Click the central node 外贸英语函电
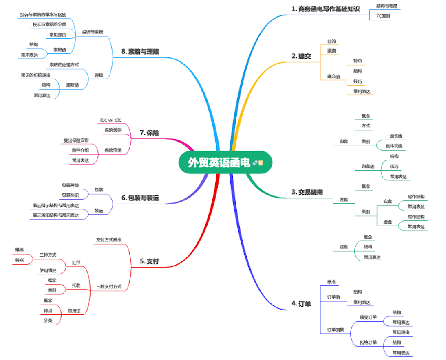pyautogui.click(x=219, y=163)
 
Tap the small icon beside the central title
pyautogui.click(x=258, y=163)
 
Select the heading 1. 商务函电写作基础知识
pyautogui.click(x=326, y=9)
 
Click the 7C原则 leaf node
pyautogui.click(x=382, y=16)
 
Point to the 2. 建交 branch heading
pyautogui.click(x=301, y=56)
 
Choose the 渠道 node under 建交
pyautogui.click(x=331, y=51)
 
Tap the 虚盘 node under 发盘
pyautogui.click(x=387, y=222)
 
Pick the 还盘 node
pyautogui.click(x=344, y=247)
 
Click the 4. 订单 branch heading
pyautogui.click(x=301, y=303)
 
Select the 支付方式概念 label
pyautogui.click(x=109, y=239)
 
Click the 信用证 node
pyautogui.click(x=74, y=311)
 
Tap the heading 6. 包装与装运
pyautogui.click(x=140, y=198)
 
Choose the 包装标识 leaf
pyautogui.click(x=70, y=195)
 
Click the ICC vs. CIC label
pyautogui.click(x=110, y=120)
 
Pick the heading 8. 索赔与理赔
pyautogui.click(x=140, y=52)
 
